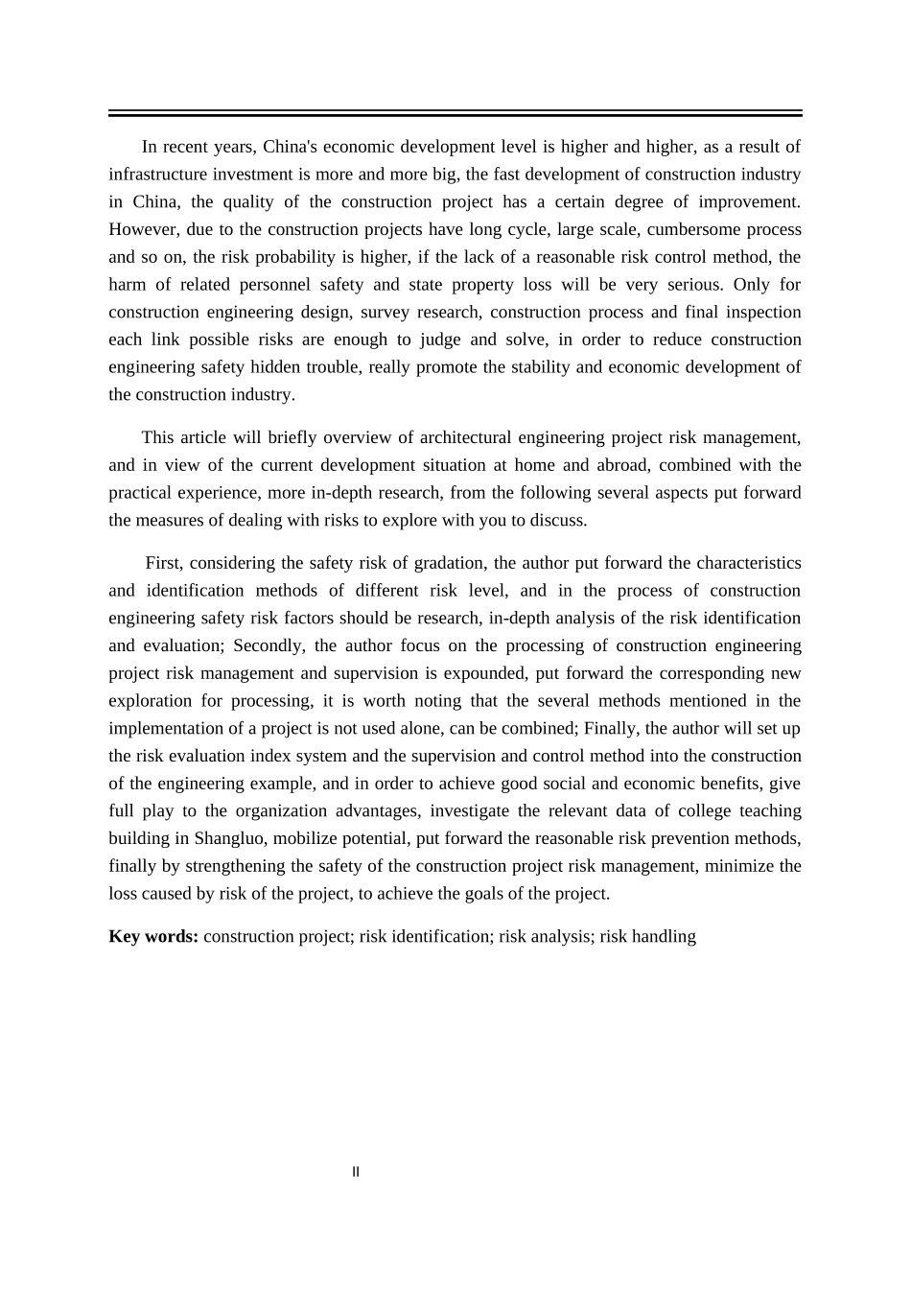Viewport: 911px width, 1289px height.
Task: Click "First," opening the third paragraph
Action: [163, 563]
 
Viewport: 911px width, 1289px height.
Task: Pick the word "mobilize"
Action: [308, 838]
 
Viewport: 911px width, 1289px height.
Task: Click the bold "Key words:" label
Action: [153, 936]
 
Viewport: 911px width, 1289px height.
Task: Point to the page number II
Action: [356, 1172]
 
